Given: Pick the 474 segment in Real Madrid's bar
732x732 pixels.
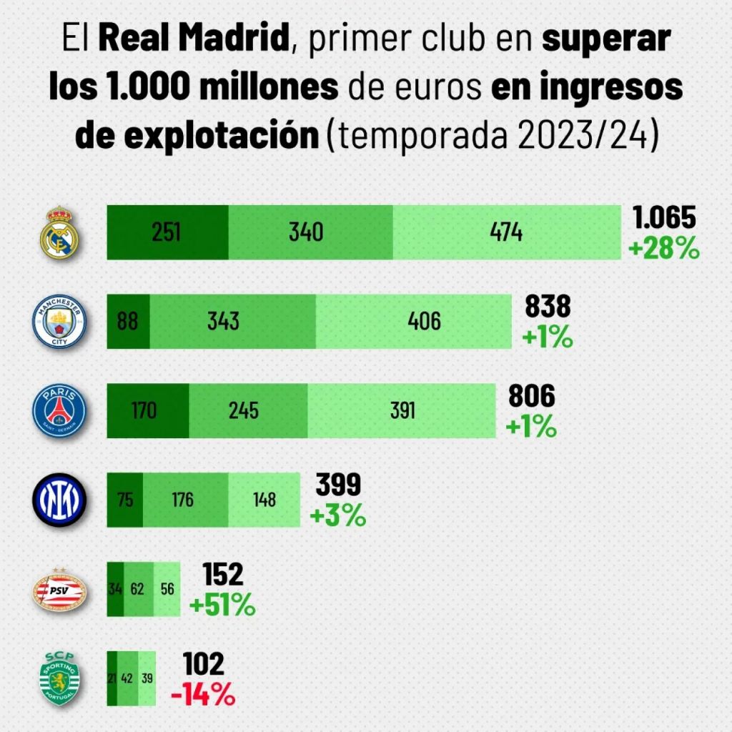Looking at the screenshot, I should (506, 232).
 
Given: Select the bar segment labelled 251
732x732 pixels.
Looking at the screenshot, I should (167, 232).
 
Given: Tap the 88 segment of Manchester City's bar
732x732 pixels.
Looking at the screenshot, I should (129, 322).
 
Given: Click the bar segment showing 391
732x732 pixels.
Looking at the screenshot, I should (402, 411).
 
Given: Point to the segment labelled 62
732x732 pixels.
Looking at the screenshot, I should (139, 590).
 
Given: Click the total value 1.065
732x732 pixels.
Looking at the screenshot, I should (663, 219).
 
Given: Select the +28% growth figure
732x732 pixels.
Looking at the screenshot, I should (663, 248).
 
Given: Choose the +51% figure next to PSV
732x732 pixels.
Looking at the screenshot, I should (222, 605).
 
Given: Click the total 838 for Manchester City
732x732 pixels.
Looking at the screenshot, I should (548, 307).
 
